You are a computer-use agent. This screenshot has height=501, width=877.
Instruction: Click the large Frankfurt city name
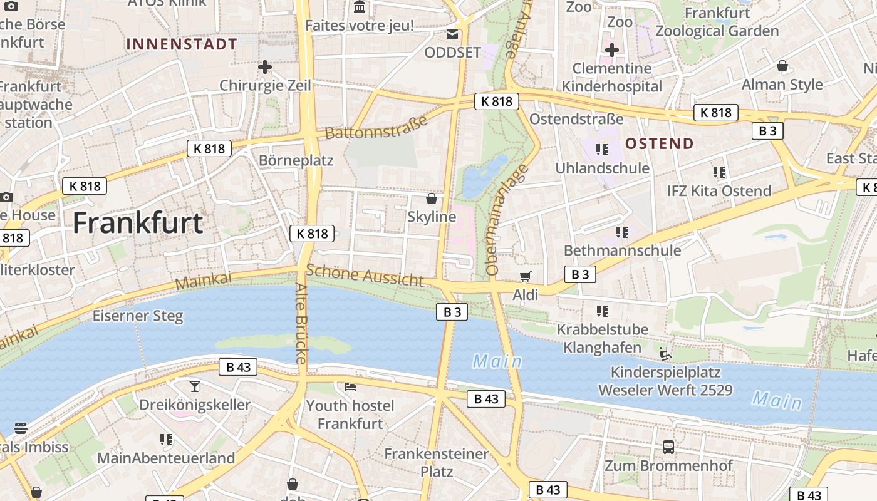(x=138, y=223)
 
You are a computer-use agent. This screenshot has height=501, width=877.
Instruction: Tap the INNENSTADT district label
(x=182, y=44)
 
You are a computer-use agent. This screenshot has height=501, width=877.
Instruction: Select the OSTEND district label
(x=660, y=143)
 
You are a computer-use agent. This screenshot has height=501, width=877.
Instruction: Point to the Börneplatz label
(x=296, y=160)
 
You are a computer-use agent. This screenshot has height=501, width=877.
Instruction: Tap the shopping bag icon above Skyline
(x=432, y=199)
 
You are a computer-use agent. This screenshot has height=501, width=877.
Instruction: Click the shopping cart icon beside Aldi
(x=526, y=276)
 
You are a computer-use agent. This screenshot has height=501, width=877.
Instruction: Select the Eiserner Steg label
(x=138, y=316)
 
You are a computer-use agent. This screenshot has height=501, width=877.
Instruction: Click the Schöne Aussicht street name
(x=365, y=275)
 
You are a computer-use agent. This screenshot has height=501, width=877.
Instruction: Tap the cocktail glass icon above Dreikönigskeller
(x=195, y=386)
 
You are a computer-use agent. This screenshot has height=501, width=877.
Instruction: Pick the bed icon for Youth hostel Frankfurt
(x=350, y=386)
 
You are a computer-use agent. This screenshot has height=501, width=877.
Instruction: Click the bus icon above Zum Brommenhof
(x=668, y=447)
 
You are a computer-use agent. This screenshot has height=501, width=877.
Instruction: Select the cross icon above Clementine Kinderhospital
(x=612, y=50)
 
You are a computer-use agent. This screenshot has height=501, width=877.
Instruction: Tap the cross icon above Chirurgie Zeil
(x=265, y=66)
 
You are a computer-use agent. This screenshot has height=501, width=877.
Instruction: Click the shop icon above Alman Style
(x=782, y=66)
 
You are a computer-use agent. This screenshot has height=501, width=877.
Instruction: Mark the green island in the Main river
(x=276, y=343)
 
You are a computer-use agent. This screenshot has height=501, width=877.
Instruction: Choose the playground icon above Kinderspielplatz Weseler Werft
(x=665, y=354)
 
